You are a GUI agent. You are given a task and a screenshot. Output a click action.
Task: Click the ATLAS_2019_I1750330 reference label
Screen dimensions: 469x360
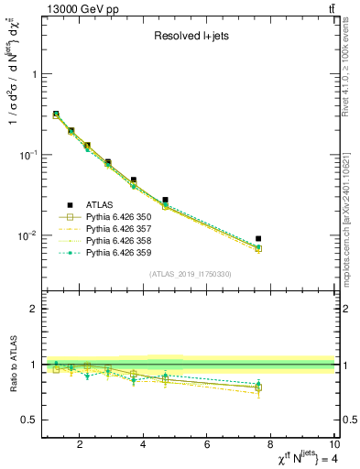pyautogui.click(x=189, y=273)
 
